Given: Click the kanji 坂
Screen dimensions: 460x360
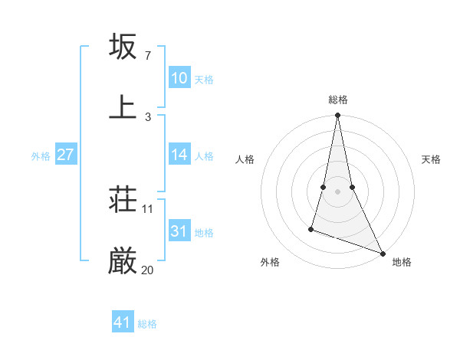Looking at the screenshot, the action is (x=123, y=47).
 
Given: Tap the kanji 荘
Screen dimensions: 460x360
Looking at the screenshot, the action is (x=123, y=201).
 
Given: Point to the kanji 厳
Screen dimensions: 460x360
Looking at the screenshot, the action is (x=123, y=261).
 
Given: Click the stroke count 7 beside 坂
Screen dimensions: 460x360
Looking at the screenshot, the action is (x=147, y=56).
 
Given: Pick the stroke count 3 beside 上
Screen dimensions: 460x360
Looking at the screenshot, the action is (x=147, y=116).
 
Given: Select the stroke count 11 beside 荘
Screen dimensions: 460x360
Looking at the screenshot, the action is (x=148, y=209).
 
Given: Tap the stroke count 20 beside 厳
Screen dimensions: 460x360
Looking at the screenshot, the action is (x=148, y=270).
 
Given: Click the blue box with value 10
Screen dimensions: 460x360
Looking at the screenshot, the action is (x=179, y=77).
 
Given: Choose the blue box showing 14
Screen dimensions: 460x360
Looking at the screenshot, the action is (x=179, y=155).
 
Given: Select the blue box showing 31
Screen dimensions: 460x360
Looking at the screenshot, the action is (x=179, y=231).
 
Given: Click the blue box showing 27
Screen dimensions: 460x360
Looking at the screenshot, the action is (x=65, y=155).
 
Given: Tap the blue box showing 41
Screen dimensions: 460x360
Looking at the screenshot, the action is (x=123, y=322).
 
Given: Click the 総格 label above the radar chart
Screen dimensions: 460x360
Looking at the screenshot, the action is (x=338, y=100).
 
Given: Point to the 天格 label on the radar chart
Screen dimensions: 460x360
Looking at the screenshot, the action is (x=431, y=159).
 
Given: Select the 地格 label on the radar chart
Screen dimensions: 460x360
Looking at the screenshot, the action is (x=402, y=262).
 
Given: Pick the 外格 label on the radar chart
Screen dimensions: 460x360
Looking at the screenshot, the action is (x=270, y=262).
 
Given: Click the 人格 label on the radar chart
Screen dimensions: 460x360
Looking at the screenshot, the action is (x=245, y=159).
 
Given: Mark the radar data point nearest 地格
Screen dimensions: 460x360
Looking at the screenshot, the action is (x=382, y=253).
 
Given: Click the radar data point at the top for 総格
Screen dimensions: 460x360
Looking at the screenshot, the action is (x=337, y=116).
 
